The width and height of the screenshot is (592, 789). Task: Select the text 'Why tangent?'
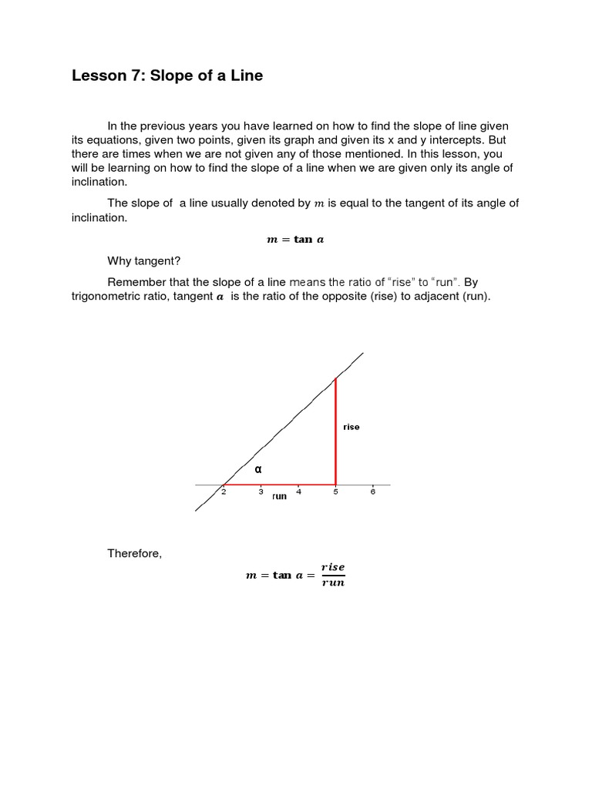(x=143, y=261)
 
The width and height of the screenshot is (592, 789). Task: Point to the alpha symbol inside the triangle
(x=258, y=468)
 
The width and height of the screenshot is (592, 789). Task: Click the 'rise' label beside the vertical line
(x=351, y=427)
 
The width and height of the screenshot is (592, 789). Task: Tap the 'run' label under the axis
(x=279, y=497)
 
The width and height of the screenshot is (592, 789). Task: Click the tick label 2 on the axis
(x=224, y=492)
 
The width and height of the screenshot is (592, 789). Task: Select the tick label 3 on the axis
(x=261, y=492)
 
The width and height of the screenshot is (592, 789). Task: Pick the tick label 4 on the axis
(x=298, y=492)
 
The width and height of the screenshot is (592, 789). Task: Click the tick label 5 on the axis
(x=335, y=492)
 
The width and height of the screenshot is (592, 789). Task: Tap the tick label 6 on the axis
(x=372, y=492)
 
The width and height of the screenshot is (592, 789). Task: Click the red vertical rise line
(x=335, y=431)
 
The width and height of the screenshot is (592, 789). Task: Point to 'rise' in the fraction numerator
(x=333, y=567)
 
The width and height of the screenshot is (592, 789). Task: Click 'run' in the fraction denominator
(x=333, y=583)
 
